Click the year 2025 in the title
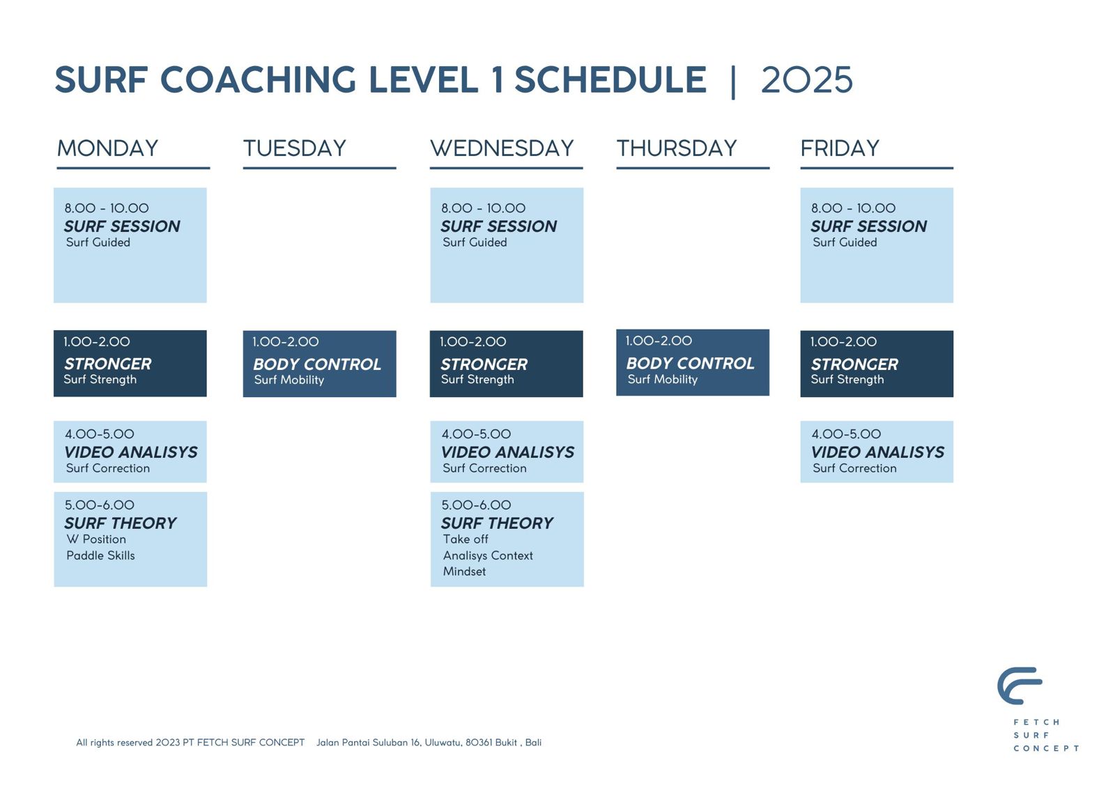[807, 79]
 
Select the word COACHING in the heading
[259, 79]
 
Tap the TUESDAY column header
[295, 148]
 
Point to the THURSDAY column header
[677, 148]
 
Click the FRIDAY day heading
[840, 148]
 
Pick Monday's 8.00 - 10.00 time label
[107, 208]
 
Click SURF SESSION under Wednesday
[499, 226]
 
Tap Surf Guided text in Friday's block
[845, 242]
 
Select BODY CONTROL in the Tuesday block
[317, 364]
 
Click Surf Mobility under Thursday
[663, 379]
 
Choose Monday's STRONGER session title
[107, 364]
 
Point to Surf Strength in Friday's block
[847, 379]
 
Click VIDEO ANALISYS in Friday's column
[877, 452]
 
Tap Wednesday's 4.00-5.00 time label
[477, 434]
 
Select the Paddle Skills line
[100, 555]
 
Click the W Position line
[96, 539]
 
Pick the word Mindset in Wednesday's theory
[464, 571]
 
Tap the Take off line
[466, 539]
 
